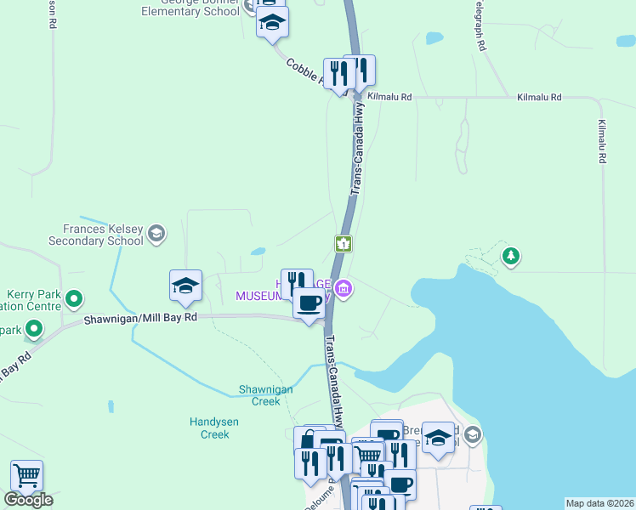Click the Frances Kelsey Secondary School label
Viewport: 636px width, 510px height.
pos(103,235)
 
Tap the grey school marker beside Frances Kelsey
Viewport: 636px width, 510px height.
pos(156,233)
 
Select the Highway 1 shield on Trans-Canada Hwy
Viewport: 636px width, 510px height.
pos(344,244)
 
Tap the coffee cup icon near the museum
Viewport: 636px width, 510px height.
pos(309,302)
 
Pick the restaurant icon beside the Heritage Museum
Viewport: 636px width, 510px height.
pos(297,281)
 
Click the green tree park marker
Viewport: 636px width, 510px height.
pos(510,256)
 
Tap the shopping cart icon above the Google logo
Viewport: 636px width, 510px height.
pos(27,475)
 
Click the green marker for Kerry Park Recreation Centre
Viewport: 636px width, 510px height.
pos(74,298)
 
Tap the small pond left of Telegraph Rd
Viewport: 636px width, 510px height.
pos(434,38)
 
